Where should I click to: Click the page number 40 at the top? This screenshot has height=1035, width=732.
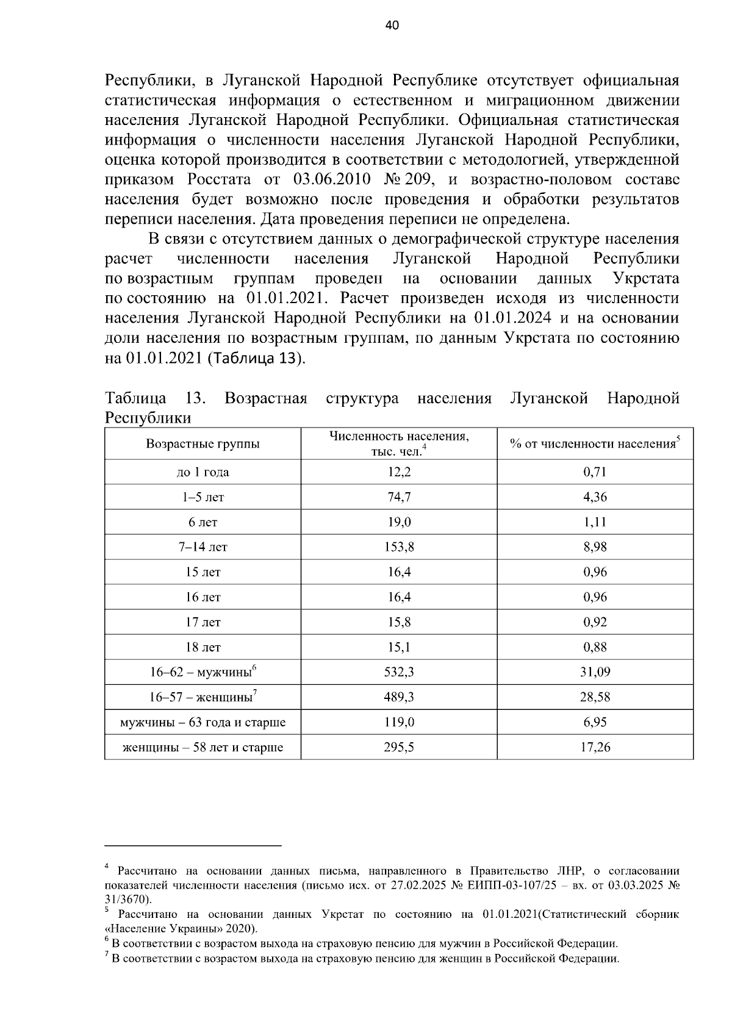[392, 26]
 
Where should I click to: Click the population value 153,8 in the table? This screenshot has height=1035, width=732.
[400, 547]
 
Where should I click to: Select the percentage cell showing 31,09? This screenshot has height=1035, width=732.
[595, 672]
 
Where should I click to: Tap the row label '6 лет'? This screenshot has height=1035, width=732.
[203, 522]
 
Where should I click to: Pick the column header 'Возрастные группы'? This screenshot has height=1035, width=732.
[203, 443]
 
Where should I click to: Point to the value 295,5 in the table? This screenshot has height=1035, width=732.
[400, 747]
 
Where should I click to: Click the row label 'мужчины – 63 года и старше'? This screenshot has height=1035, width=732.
[203, 722]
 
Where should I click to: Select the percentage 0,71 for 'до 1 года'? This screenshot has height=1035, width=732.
[595, 472]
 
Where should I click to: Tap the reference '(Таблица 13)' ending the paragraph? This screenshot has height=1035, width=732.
[256, 358]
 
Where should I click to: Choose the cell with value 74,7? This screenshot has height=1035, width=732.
[400, 497]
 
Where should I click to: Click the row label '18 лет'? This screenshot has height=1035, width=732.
[203, 647]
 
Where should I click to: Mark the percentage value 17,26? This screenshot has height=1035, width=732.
[595, 747]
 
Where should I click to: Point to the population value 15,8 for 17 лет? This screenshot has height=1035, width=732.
[400, 622]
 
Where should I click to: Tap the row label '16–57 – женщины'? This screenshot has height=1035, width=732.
[201, 697]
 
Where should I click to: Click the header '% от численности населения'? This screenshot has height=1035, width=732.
[593, 444]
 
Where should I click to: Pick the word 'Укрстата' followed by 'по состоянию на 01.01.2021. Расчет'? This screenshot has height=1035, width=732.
[645, 279]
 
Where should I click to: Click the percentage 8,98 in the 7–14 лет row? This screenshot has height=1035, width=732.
[595, 547]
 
